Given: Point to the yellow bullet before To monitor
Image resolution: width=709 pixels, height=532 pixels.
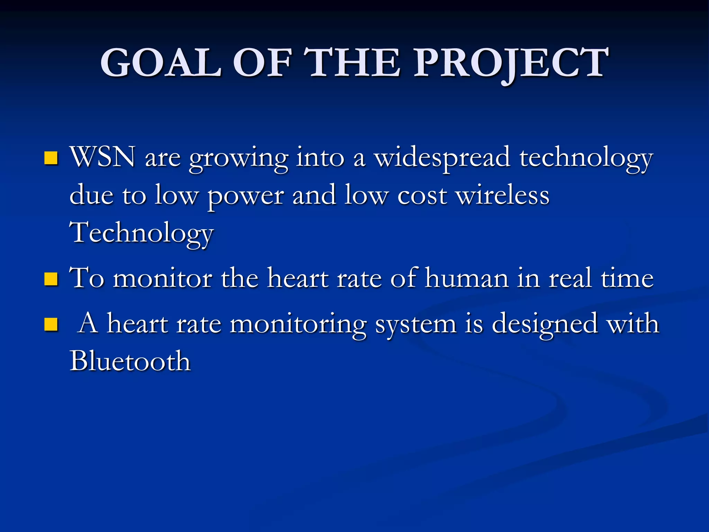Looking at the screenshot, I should click(x=51, y=279).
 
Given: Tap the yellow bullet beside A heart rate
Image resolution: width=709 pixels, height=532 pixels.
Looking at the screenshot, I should click(x=51, y=325).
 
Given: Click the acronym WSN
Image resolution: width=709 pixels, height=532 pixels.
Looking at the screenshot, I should click(x=102, y=157).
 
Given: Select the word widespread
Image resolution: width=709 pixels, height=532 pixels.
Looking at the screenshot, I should click(x=443, y=158).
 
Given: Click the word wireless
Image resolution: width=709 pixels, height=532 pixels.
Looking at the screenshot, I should click(x=502, y=195).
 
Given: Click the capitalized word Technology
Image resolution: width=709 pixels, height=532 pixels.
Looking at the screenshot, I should click(x=142, y=233).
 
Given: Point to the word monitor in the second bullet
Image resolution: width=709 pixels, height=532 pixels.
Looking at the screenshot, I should click(x=163, y=279).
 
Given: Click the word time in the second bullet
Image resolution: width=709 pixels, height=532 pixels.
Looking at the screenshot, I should click(x=627, y=278).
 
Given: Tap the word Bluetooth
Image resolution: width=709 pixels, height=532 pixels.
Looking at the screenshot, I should click(x=130, y=361).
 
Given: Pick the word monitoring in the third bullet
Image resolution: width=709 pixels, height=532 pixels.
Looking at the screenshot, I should click(x=298, y=325).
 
